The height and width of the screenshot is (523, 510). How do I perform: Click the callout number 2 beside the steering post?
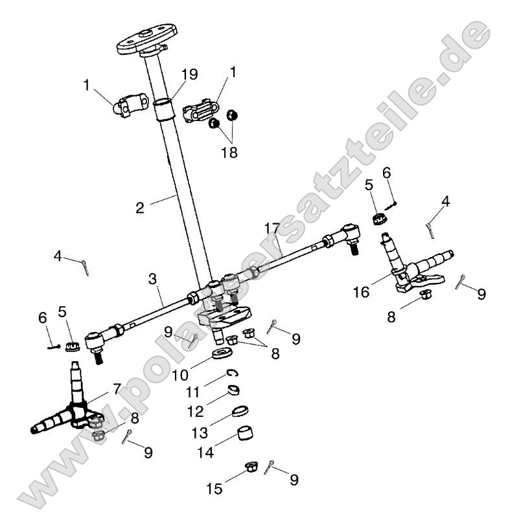[x=139, y=208]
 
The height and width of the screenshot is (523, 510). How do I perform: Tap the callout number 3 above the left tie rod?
[x=153, y=280]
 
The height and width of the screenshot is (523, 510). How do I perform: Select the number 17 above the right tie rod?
[x=272, y=228]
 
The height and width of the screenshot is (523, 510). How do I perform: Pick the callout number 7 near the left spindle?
[x=117, y=390]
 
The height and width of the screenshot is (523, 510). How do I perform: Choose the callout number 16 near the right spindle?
[x=361, y=291]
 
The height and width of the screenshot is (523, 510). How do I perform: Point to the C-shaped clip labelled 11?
[x=231, y=372]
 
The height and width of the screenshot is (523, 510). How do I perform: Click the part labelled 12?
[x=235, y=390]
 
